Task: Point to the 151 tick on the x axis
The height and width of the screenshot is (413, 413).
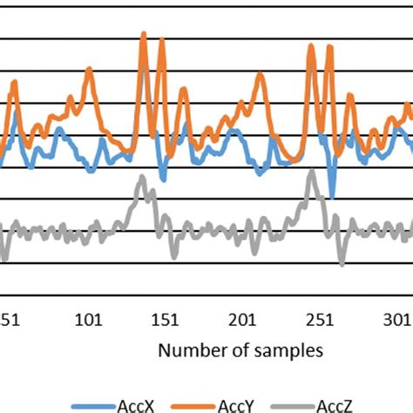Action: point(166,320)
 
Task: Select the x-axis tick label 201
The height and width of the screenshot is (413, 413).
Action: point(244,320)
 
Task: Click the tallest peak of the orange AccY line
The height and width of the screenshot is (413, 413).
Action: point(143,36)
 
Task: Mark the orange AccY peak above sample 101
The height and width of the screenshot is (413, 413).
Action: point(88,71)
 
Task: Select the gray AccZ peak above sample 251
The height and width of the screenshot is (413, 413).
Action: point(312,173)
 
